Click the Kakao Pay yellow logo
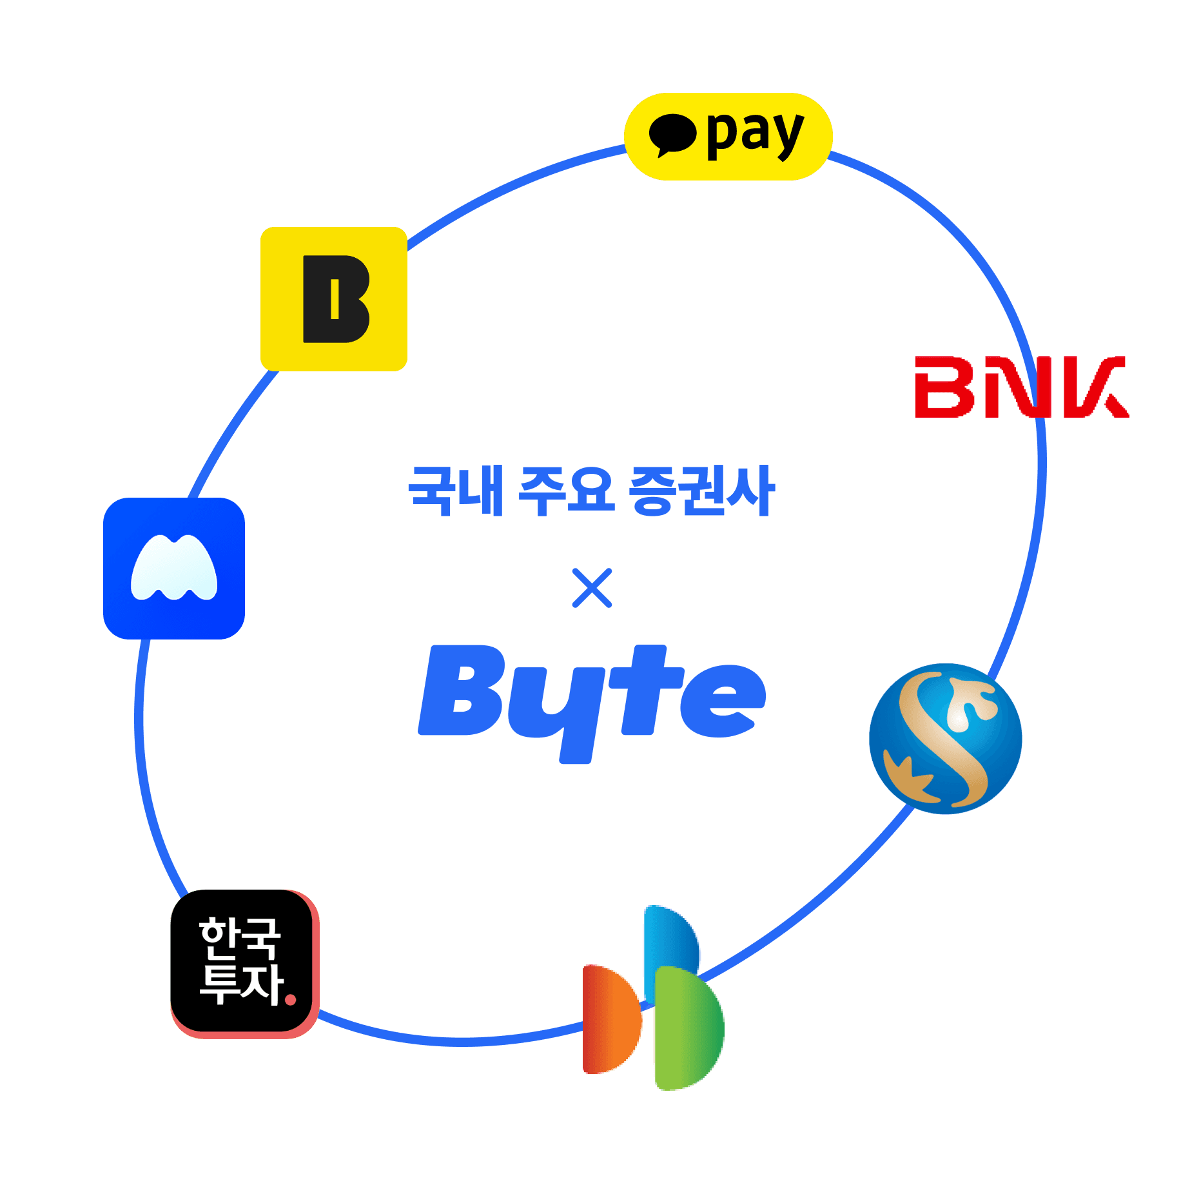728,136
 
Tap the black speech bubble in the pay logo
672,134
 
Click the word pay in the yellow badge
755,134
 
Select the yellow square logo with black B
333,298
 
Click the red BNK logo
1021,387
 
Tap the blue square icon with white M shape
174,568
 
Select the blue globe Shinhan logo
945,738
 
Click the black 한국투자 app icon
244,963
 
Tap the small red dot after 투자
290,1000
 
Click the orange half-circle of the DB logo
610,1019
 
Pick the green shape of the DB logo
688,1028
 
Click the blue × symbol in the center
592,588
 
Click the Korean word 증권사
701,491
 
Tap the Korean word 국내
456,491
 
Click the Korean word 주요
566,491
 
